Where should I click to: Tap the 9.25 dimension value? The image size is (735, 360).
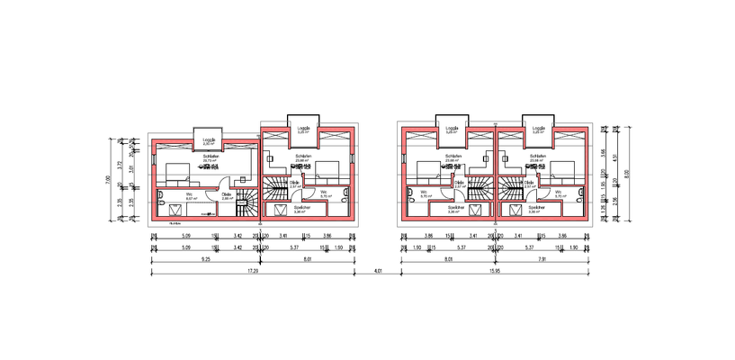[x=206, y=258]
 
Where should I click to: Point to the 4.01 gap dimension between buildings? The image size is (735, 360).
[x=378, y=270]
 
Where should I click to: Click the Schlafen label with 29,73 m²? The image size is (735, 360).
[x=212, y=157]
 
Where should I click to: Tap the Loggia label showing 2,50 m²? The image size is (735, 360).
[x=209, y=141]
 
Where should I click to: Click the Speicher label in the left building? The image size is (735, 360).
[x=302, y=209]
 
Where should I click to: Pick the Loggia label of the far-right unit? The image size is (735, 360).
[x=539, y=129]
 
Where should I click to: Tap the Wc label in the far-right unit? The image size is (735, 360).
[x=560, y=193]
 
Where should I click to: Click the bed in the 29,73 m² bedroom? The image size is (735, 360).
[x=176, y=171]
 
